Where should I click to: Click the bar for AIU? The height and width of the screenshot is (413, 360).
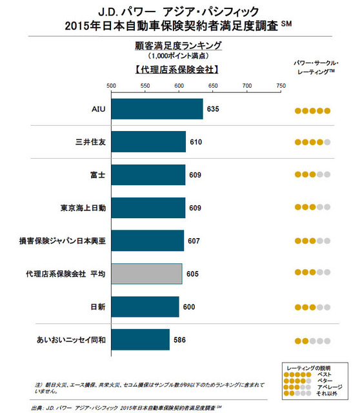tap(157, 109)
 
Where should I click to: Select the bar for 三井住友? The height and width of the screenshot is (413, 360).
tap(148, 141)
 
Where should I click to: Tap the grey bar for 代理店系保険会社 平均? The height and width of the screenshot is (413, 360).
tap(146, 274)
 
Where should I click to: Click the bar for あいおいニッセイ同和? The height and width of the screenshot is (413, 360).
tap(140, 339)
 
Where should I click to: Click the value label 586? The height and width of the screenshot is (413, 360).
tap(179, 339)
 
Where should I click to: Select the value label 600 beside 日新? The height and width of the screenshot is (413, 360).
tap(189, 307)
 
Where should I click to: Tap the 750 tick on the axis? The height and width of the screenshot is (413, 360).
tap(281, 86)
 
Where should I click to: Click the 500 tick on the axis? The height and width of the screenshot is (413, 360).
tap(111, 86)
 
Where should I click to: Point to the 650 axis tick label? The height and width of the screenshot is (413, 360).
tap(213, 86)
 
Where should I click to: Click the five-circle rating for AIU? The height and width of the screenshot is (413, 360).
tap(313, 110)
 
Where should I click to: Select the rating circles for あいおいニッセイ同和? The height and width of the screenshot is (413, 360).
tap(313, 341)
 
